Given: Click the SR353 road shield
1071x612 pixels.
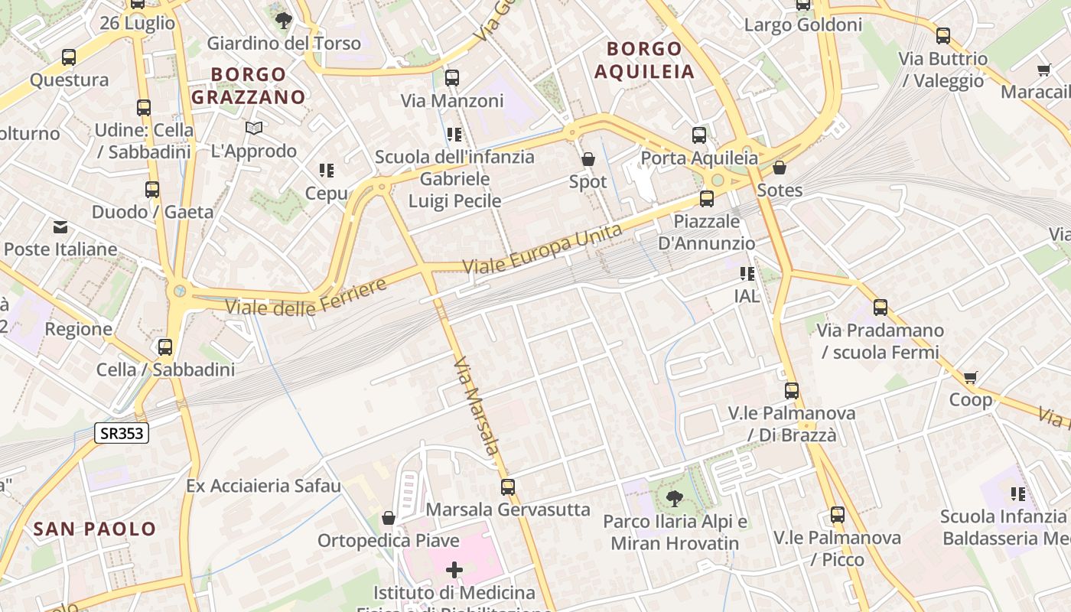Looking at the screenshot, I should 122,433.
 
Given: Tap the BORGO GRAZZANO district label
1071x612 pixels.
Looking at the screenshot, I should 248,86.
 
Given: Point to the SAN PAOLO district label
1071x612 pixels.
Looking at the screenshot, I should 95,529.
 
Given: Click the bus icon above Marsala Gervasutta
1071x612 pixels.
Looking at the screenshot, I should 508,487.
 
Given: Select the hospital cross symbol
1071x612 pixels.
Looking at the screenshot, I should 454,569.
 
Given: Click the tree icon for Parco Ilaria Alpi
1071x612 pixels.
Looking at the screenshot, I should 675,499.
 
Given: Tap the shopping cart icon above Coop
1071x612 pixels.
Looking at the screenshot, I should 971,377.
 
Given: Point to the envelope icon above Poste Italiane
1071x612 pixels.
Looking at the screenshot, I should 60,226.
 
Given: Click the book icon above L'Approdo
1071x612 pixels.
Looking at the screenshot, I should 254,128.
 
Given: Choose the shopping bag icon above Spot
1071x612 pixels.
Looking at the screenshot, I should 588,159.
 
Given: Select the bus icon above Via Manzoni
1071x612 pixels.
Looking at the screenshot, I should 452,77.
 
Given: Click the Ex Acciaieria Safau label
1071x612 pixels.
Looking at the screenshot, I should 264,486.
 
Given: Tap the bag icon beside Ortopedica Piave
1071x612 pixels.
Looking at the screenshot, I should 389,518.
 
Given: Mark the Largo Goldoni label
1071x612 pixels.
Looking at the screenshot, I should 802,25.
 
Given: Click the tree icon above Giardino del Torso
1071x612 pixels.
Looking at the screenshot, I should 284,21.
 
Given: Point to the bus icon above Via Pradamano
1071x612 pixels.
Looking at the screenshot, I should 881,308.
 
